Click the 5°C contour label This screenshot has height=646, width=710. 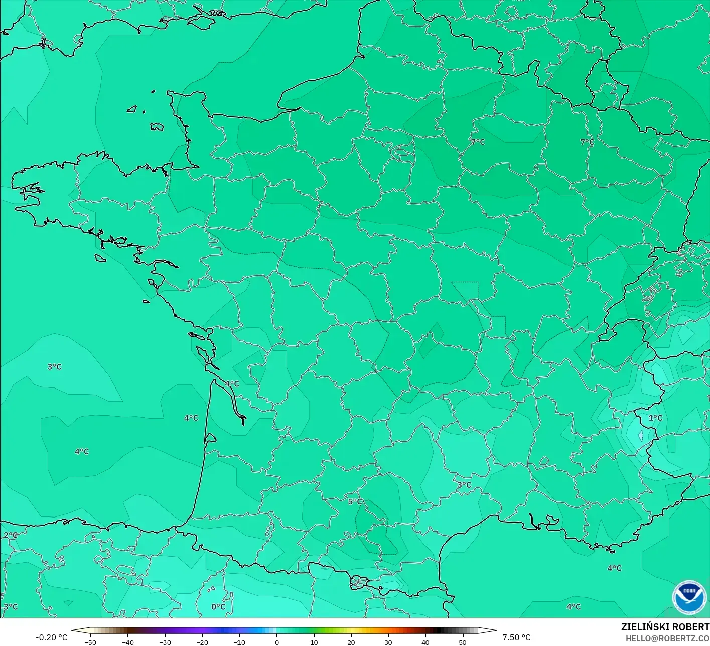[x=355, y=501]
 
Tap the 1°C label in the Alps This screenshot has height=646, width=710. [x=655, y=418]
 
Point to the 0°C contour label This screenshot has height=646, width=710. [x=218, y=606]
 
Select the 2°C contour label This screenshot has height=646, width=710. [x=10, y=535]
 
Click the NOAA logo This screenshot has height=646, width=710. [x=689, y=597]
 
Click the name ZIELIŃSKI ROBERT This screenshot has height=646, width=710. [x=665, y=627]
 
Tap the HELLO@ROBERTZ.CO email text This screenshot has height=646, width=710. [x=667, y=638]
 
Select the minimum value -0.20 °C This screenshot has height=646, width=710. [x=51, y=637]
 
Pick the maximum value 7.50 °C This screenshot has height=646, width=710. [x=516, y=637]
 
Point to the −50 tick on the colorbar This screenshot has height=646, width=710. [x=91, y=642]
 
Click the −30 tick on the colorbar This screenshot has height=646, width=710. [x=165, y=642]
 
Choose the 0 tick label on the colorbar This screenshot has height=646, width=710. [x=276, y=642]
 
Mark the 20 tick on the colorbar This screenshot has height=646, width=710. [x=351, y=642]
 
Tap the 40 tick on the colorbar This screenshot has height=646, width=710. [x=425, y=642]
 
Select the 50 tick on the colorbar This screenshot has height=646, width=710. [x=462, y=642]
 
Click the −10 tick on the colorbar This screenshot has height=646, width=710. [x=239, y=642]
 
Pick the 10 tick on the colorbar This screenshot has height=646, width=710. [x=314, y=642]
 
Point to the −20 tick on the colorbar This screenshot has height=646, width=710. [x=202, y=642]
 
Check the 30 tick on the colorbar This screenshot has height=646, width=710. [x=388, y=642]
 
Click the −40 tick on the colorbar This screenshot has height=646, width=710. [x=128, y=642]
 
